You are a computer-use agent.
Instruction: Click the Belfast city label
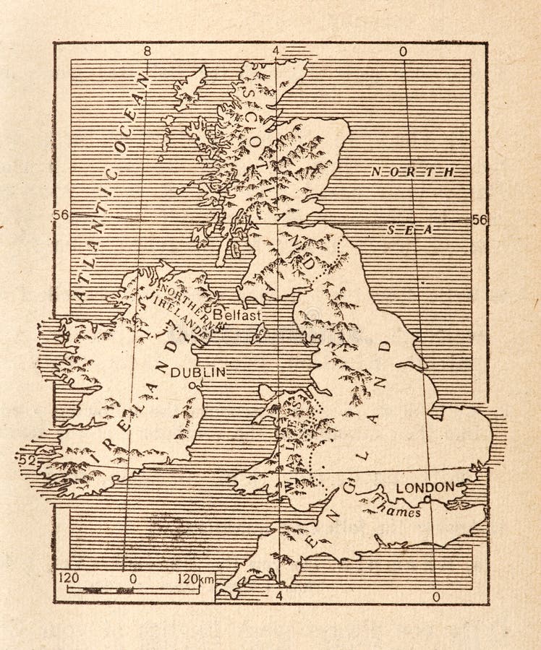[x=237, y=315]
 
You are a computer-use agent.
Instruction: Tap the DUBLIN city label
[x=198, y=372]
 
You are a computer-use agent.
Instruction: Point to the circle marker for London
[x=427, y=498]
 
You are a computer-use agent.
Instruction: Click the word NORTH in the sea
[x=412, y=172]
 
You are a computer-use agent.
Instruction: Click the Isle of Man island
[x=258, y=333]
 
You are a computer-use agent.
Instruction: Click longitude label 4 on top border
[x=276, y=51]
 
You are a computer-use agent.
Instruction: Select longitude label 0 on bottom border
[x=434, y=597]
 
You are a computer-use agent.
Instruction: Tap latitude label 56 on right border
[x=480, y=220]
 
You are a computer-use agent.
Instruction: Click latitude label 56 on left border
[x=61, y=214]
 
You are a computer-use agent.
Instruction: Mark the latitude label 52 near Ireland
[x=27, y=459]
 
